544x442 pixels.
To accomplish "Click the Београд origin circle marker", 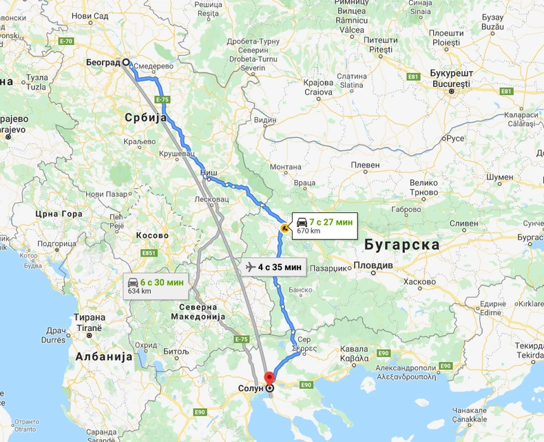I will click(x=126, y=62).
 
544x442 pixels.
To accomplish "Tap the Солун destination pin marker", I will click(x=269, y=388).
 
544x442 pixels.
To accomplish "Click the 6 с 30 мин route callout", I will click(x=156, y=285).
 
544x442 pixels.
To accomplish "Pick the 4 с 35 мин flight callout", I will click(x=274, y=267).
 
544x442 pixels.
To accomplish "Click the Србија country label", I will click(x=146, y=118).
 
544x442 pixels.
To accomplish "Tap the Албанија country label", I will click(x=103, y=356).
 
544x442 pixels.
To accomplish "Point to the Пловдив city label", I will click(x=373, y=265).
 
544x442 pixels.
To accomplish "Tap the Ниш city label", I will click(x=209, y=170).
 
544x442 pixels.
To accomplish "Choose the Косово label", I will click(x=152, y=235).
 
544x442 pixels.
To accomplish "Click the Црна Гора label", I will click(x=59, y=213).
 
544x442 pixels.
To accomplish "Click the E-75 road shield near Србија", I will click(x=163, y=100).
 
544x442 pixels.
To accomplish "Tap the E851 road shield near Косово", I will click(x=149, y=253).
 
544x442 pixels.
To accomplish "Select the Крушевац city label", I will click(x=178, y=152).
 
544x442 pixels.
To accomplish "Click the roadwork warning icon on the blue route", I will click(x=284, y=226).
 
